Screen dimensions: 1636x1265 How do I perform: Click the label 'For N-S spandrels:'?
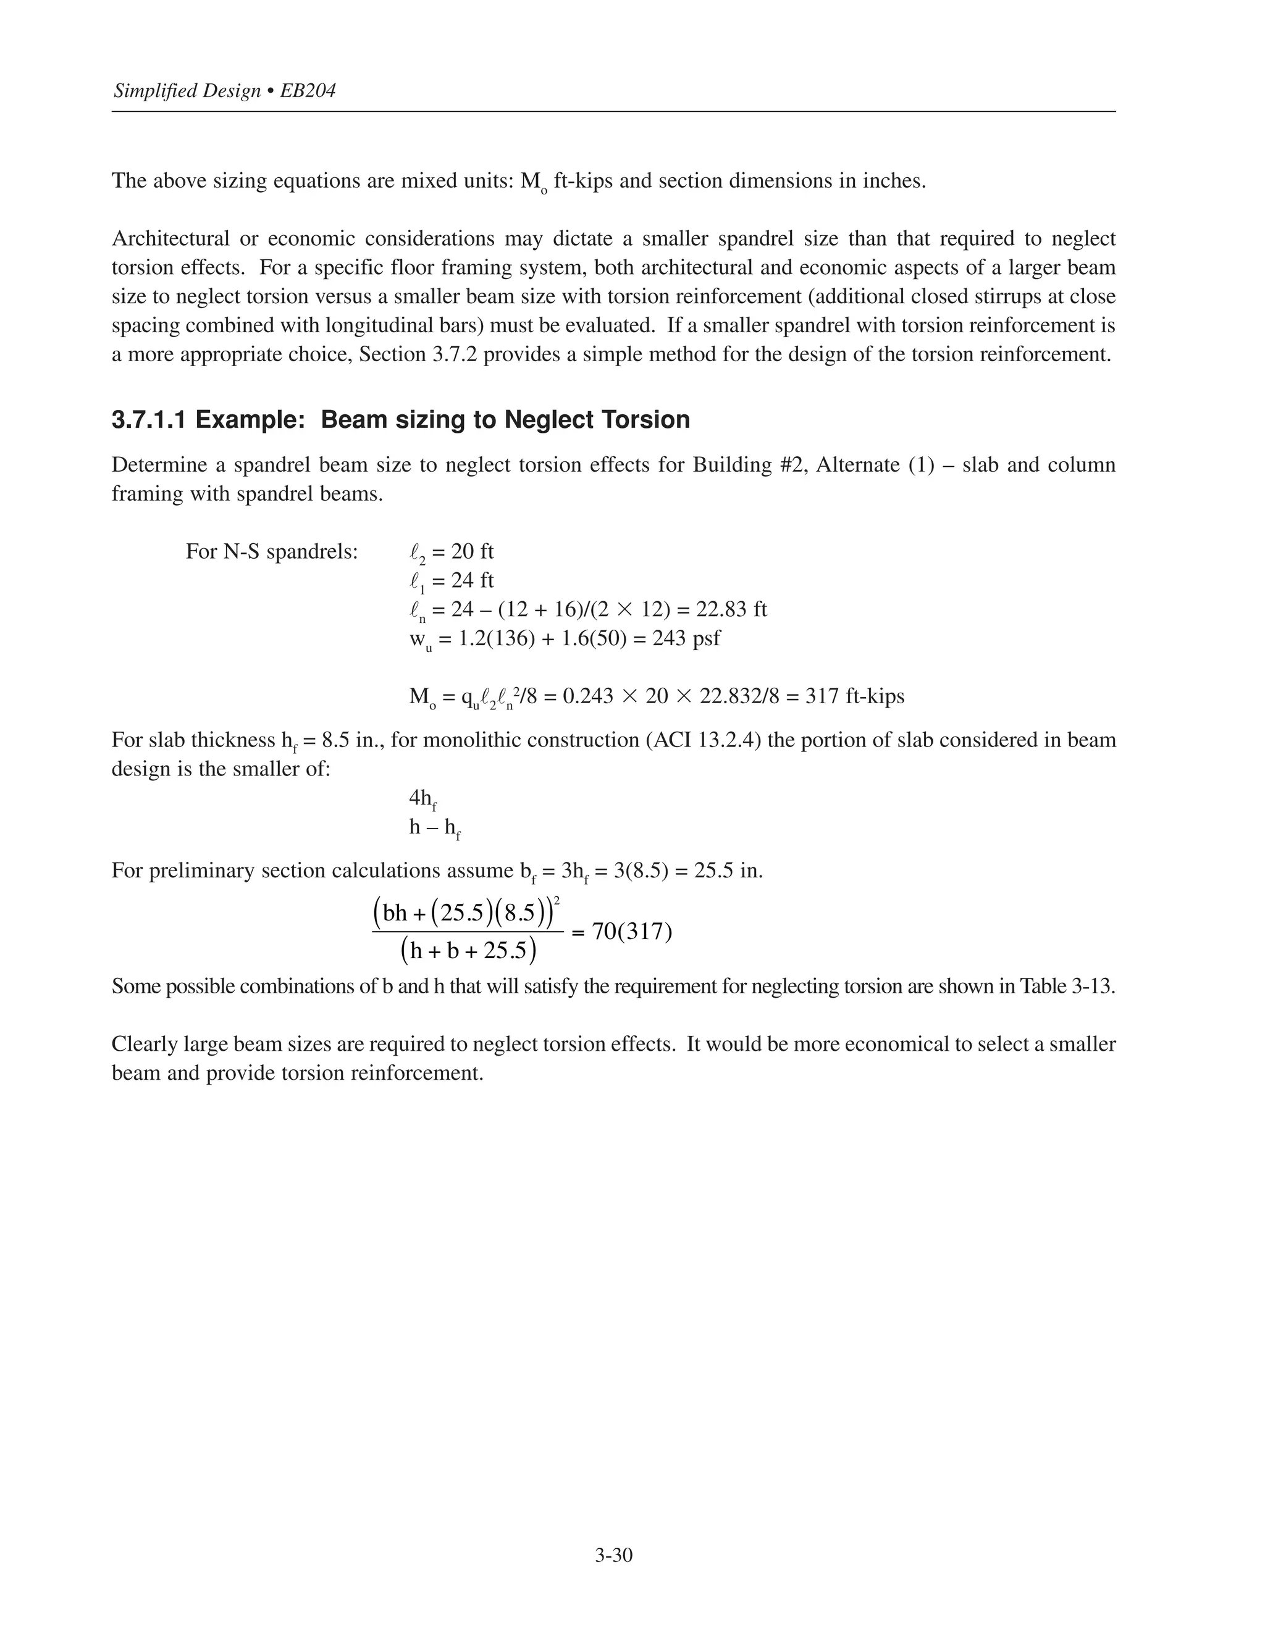[272, 552]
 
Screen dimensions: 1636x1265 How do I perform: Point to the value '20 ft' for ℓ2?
[472, 552]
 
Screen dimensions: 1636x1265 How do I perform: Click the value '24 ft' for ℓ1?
[472, 580]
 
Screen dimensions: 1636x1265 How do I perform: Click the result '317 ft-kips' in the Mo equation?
[854, 696]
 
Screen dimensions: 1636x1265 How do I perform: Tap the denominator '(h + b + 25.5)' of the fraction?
[468, 951]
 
